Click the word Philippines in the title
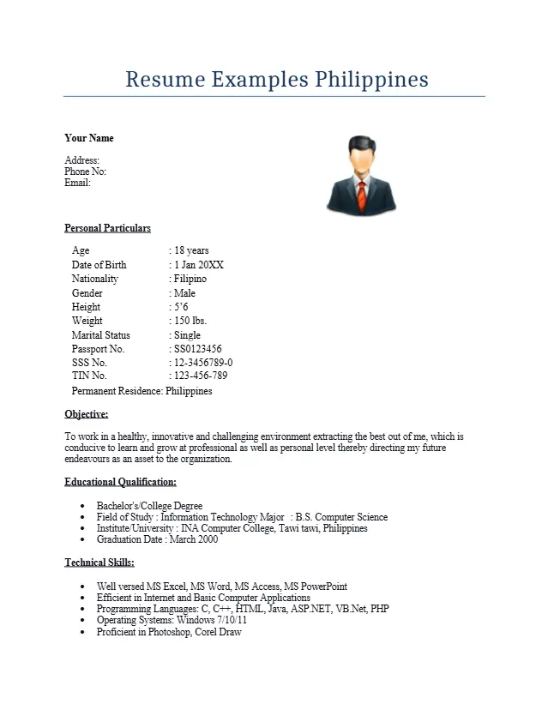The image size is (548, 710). [x=371, y=80]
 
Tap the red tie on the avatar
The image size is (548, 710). [x=362, y=196]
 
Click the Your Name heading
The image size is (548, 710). [x=89, y=138]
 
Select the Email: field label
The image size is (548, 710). [x=77, y=183]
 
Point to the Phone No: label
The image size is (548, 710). [x=85, y=171]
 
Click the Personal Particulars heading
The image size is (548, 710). [x=107, y=228]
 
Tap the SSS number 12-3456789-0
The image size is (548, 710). [x=203, y=363]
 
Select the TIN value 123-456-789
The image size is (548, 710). [x=201, y=376]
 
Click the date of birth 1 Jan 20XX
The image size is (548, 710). [x=198, y=265]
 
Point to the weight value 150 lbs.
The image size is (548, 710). [x=190, y=321]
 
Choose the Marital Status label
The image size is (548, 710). [x=101, y=335]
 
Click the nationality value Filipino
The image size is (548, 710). [x=190, y=279]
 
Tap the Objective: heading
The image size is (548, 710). [x=86, y=414]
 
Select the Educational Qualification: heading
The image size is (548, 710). [x=120, y=482]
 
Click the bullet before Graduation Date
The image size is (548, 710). [x=81, y=540]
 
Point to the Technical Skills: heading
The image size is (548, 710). [x=99, y=563]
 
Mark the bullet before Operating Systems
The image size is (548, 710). [x=81, y=621]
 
